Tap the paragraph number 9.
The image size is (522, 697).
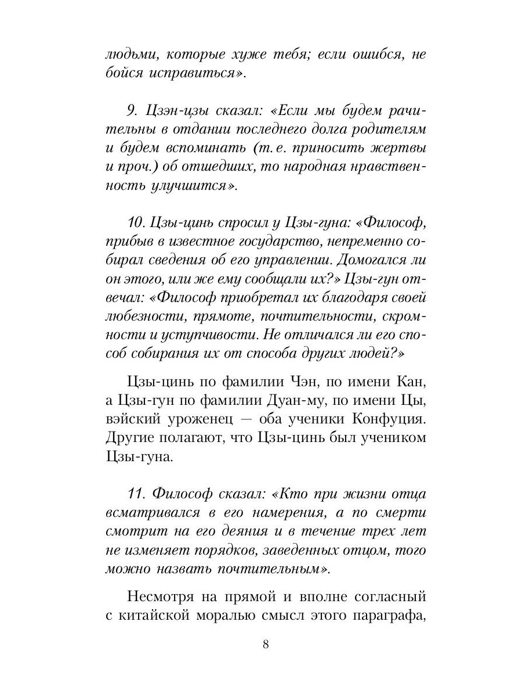pos(130,109)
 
